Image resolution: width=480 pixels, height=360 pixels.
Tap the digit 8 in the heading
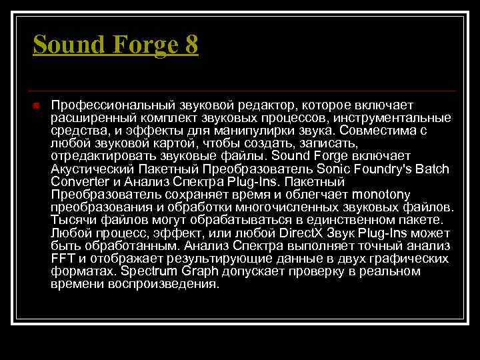[191, 45]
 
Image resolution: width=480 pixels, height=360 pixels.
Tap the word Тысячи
[70, 220]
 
